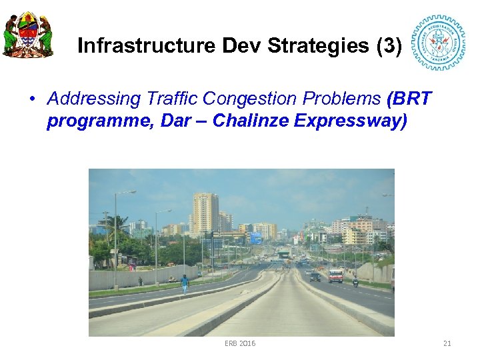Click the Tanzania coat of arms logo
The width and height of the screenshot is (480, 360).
coord(28,35)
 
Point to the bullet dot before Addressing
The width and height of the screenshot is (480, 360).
coord(31,99)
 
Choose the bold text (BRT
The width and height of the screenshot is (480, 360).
coord(409,99)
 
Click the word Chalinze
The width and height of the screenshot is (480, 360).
coord(245,123)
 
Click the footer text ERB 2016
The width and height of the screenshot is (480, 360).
coord(240,343)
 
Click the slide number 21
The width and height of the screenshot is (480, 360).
coord(447,343)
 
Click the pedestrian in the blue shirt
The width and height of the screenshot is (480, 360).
coord(185,283)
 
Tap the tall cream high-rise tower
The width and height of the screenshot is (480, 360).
coord(205,213)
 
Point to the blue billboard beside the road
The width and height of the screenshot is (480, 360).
coord(256,238)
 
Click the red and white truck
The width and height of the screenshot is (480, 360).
coord(335,275)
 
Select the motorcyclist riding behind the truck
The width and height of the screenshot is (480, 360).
coord(355,281)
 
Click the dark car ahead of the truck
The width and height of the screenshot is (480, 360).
coord(315,276)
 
